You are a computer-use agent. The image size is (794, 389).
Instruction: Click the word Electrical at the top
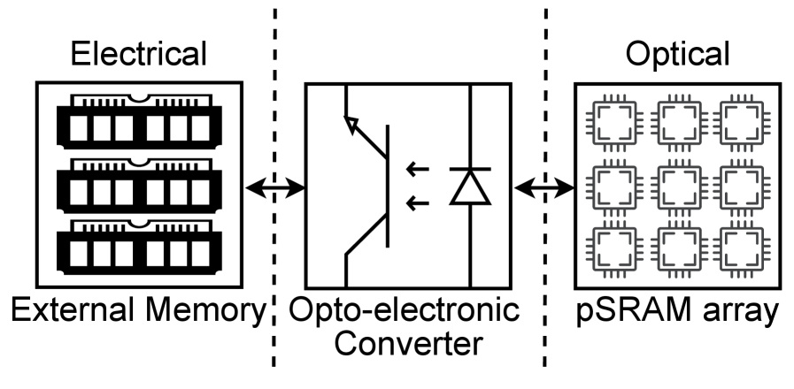(139, 55)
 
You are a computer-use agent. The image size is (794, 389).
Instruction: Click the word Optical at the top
(678, 55)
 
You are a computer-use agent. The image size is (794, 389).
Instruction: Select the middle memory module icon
(139, 186)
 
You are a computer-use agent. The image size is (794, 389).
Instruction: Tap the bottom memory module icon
(139, 248)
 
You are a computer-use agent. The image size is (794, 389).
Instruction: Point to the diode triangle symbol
(468, 187)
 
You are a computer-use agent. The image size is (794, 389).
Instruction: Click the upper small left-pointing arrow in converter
(416, 168)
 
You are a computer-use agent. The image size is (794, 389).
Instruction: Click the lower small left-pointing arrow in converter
(416, 206)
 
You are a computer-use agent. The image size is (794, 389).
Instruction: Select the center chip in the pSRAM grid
(678, 187)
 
